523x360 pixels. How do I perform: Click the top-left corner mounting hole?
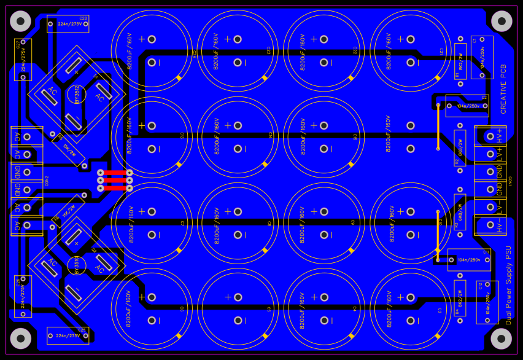[x=20, y=22]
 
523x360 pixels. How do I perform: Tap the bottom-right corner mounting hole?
[x=502, y=338]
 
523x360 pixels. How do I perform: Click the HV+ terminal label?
[x=500, y=135]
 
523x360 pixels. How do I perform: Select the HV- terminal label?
[x=500, y=225]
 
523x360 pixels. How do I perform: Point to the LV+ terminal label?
[x=500, y=154]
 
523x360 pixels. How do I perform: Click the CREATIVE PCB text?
[x=504, y=89]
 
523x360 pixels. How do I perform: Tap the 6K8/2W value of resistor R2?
[x=460, y=148]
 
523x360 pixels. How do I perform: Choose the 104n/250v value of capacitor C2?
[x=468, y=106]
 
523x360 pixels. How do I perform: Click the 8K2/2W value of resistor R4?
[x=460, y=299]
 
